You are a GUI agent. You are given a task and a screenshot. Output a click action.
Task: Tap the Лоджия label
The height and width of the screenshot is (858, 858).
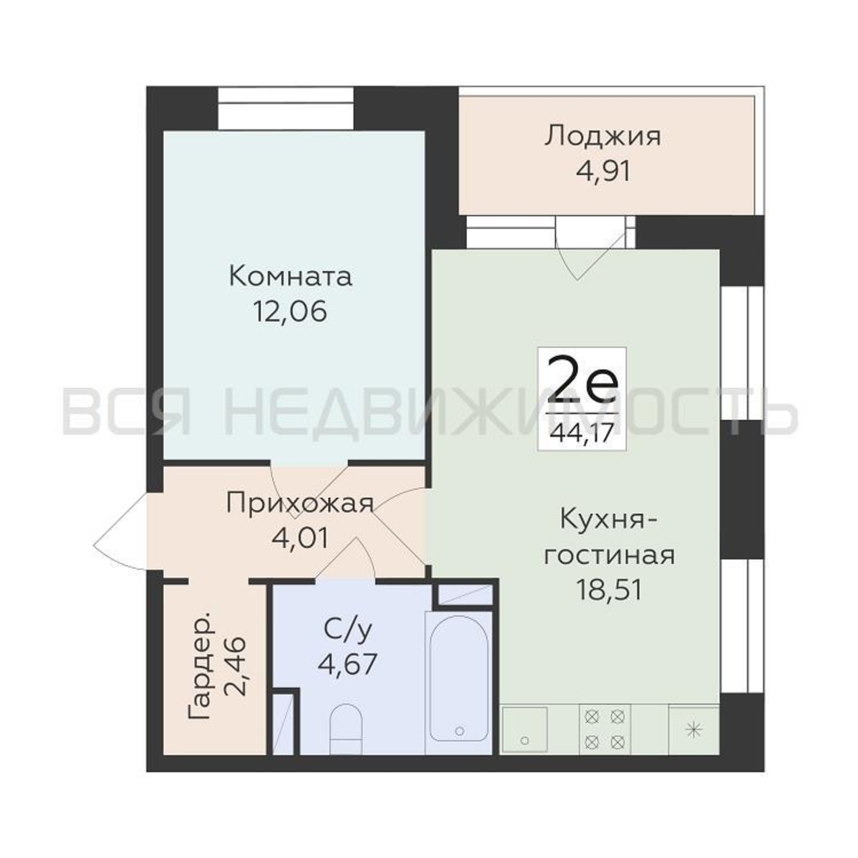[x=603, y=137]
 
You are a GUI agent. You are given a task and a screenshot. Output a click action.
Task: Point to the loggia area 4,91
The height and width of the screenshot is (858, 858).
[x=603, y=172]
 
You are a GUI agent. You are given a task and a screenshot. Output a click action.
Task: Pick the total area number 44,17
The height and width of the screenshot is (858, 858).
[x=582, y=430]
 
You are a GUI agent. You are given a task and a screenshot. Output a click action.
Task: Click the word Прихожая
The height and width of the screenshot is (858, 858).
[x=299, y=504]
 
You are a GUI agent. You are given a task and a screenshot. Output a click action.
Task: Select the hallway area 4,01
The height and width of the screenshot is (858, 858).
[x=300, y=539]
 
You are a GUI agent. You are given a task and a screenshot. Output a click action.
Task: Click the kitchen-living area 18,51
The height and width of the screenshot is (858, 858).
[x=609, y=590]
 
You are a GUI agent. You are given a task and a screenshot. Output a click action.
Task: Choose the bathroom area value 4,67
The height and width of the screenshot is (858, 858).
[x=348, y=664]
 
